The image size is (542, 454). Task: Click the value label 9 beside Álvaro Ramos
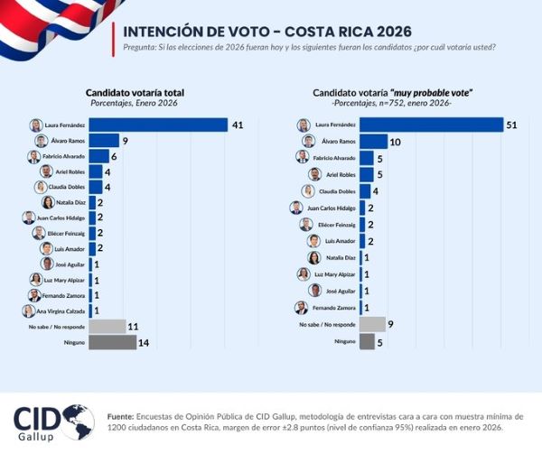(x=126, y=141)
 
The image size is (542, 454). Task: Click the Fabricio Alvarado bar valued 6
(x=99, y=156)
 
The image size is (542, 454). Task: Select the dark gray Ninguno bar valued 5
(x=367, y=341)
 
